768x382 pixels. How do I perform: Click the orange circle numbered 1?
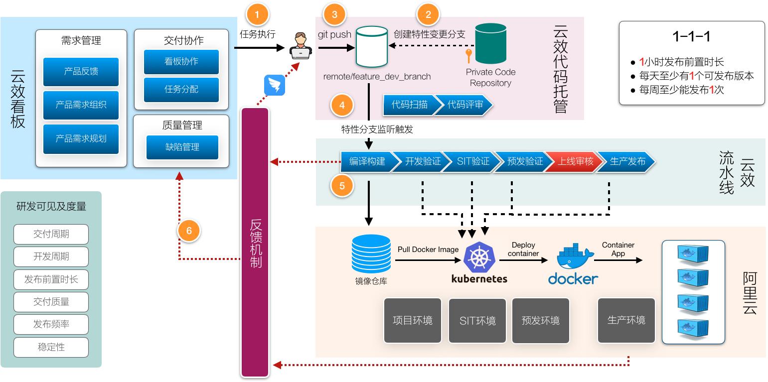point(257,15)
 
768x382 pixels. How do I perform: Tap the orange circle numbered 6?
point(189,231)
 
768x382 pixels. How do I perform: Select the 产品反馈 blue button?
point(81,72)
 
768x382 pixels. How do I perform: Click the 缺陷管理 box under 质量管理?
point(182,147)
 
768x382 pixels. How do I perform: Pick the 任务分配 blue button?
point(181,90)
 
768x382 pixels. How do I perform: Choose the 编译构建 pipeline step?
point(367,161)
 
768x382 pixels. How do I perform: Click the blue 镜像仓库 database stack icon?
point(371,254)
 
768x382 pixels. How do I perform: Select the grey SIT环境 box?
point(477,321)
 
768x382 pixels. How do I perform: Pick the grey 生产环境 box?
point(626,320)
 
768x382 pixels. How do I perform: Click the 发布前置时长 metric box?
point(51,279)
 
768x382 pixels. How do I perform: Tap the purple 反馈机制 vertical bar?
point(255,242)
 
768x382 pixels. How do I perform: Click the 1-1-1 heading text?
point(691,36)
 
